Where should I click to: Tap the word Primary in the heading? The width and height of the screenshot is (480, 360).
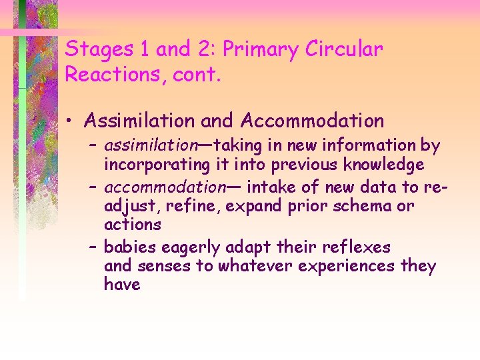262,49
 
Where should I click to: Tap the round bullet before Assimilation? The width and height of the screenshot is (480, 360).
70,121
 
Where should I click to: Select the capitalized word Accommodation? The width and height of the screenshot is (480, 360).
313,121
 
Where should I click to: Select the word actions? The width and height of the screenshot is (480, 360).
133,225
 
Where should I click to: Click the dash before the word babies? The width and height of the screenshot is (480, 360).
92,247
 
